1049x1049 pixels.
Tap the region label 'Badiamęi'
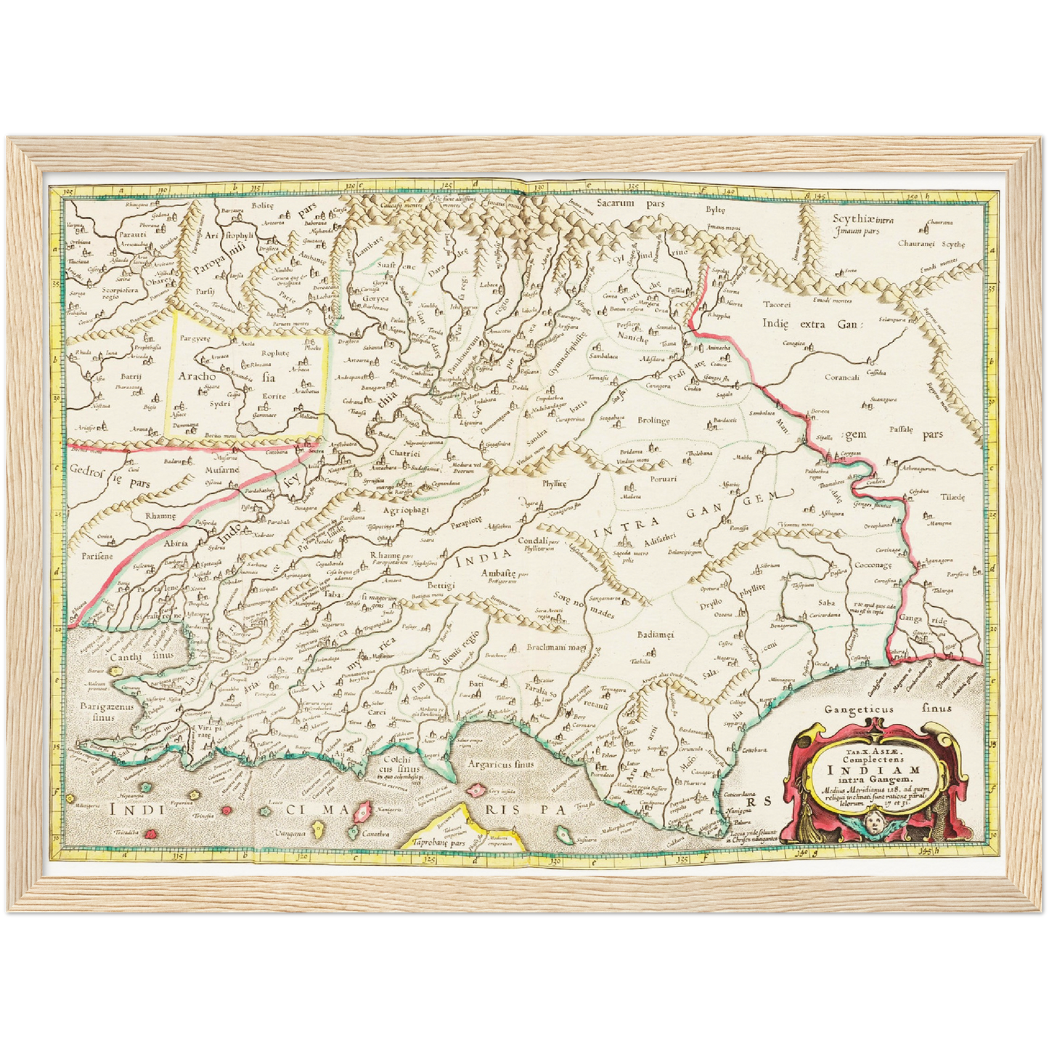[656, 634]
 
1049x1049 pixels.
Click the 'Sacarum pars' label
[630, 204]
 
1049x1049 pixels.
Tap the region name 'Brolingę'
[653, 421]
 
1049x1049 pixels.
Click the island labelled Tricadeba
[151, 833]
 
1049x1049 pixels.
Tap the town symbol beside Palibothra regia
[830, 460]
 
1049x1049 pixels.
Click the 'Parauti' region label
[133, 235]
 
